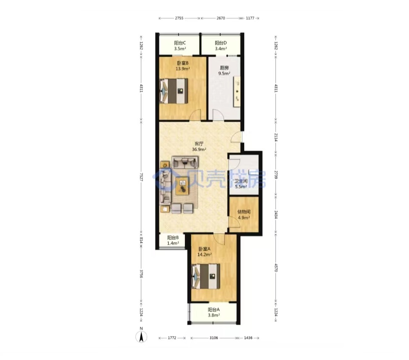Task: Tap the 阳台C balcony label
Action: [x=180, y=46]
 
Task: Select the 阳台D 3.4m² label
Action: [x=221, y=46]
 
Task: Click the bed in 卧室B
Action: [x=174, y=91]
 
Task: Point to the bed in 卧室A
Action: [x=206, y=276]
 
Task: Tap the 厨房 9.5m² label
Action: [x=224, y=71]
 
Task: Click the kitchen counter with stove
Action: [x=237, y=91]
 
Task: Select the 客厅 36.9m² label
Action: [x=199, y=147]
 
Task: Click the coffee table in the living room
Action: [x=182, y=186]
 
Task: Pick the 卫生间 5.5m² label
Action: [x=241, y=184]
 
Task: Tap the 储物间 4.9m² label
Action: [x=244, y=215]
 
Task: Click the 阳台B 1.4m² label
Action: [x=173, y=240]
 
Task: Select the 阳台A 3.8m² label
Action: [x=214, y=312]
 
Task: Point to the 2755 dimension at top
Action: [x=179, y=18]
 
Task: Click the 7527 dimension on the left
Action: [x=141, y=177]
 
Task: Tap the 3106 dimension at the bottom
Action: [x=214, y=338]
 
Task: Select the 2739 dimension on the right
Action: [x=276, y=175]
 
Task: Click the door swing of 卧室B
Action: [x=195, y=115]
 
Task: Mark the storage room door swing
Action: [x=234, y=222]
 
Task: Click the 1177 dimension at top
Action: [x=250, y=18]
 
